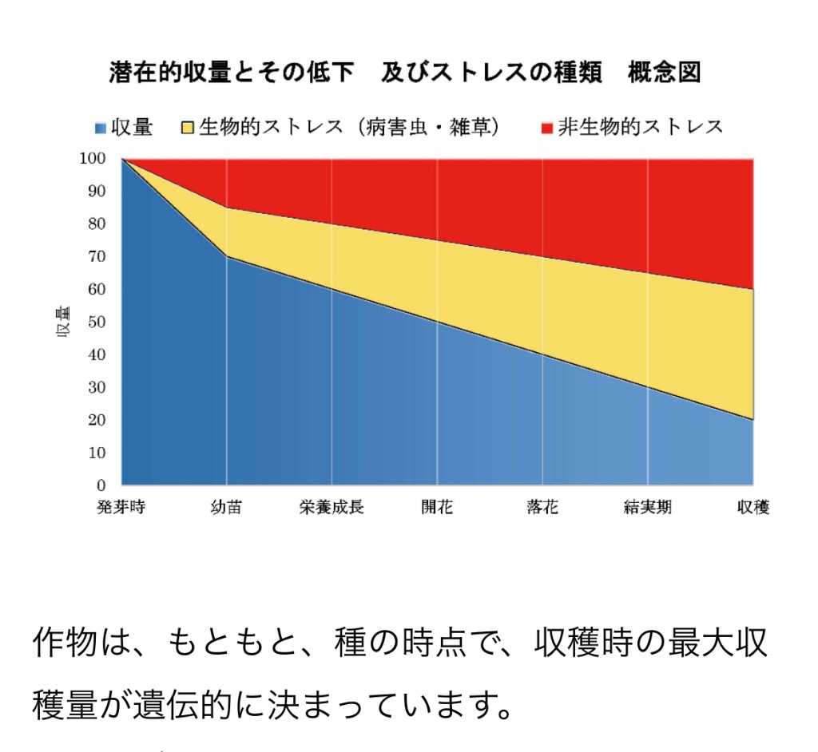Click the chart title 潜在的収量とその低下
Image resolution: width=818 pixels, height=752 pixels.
coord(231,73)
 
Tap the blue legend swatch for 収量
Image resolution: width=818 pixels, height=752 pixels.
coord(101,128)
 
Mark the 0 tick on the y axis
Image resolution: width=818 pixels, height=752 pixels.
coord(101,485)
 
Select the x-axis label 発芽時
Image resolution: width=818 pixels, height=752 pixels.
coord(121,508)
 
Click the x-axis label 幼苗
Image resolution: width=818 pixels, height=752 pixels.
coord(226,508)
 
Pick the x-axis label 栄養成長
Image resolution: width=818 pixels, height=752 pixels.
coord(332,508)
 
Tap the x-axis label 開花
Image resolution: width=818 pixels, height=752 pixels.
coord(437,508)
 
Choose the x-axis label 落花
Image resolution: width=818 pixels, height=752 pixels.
coord(542,508)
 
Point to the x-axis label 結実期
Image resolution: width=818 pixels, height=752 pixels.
coord(647,508)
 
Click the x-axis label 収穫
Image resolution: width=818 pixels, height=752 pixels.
coord(752,508)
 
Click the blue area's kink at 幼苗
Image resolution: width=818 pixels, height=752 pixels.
coord(227,256)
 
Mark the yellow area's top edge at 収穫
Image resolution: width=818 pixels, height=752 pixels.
coord(753,289)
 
